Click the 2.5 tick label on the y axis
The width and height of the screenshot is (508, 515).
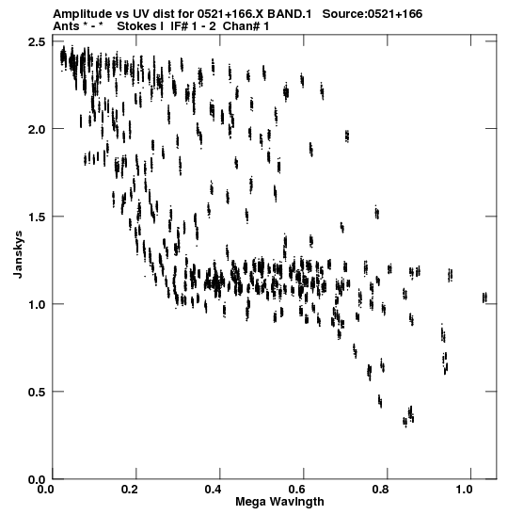tap(38, 42)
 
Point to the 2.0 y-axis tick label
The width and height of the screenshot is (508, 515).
tap(38, 130)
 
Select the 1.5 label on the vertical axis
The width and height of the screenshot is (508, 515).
tap(38, 217)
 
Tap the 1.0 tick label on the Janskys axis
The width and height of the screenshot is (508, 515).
tap(38, 304)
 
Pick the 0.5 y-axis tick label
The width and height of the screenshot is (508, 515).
tap(38, 392)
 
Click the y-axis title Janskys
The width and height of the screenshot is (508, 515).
tap(18, 254)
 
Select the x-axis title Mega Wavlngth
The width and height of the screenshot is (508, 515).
tap(279, 502)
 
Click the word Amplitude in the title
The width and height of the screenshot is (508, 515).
tap(82, 14)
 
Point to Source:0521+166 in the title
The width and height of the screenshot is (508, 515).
tap(373, 14)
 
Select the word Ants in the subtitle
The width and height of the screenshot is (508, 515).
tap(66, 26)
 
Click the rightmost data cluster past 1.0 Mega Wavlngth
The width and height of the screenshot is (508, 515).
tap(484, 298)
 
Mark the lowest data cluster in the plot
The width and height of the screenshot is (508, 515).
tap(405, 422)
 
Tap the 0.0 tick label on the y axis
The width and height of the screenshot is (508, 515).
tap(38, 480)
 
